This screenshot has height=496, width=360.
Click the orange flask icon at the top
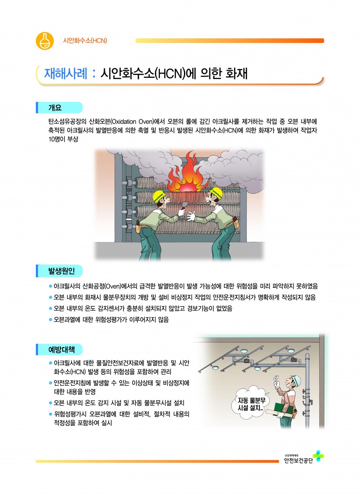(45, 41)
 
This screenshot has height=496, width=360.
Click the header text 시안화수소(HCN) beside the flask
(85, 41)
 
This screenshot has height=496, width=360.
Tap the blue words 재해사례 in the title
(66, 74)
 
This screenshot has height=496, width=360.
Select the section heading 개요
(55, 108)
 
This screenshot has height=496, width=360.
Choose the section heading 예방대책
(61, 350)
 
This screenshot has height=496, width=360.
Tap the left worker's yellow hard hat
(159, 196)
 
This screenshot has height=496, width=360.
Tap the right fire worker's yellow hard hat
(216, 192)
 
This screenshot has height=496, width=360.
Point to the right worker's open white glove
(191, 216)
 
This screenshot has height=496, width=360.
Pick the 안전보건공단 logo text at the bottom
(298, 460)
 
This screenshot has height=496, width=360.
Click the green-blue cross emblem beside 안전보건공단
(318, 456)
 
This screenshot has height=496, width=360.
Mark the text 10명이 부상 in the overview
(63, 140)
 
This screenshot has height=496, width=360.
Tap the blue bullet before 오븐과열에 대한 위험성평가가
(50, 320)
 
